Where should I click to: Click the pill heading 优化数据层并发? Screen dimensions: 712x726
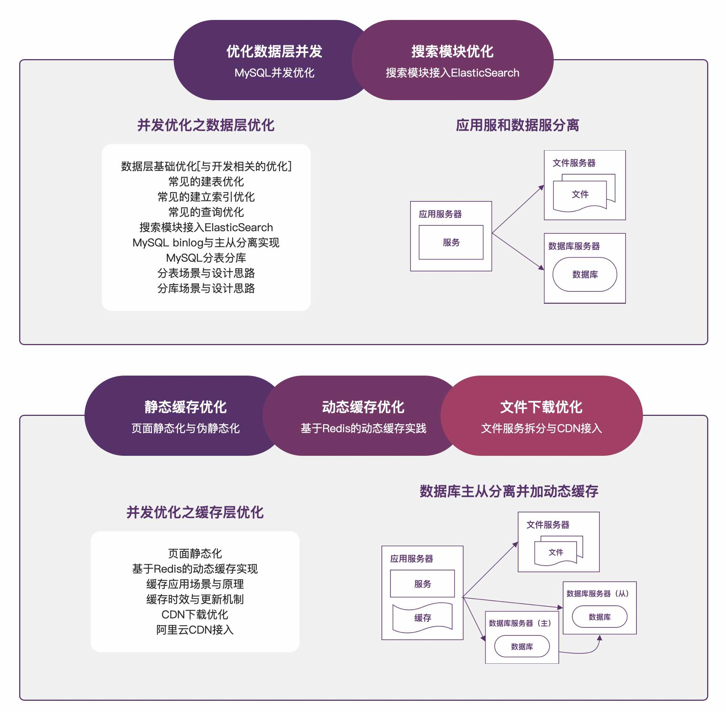click(x=274, y=51)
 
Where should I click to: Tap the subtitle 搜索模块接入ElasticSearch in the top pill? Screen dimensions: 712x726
click(x=452, y=73)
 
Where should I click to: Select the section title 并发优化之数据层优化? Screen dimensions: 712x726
click(x=206, y=125)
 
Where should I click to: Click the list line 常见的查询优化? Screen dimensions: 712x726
click(x=206, y=212)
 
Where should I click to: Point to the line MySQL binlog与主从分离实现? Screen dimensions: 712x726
click(x=206, y=243)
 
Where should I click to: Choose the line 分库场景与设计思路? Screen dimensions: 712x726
click(x=206, y=288)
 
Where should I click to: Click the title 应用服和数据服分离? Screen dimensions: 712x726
click(x=517, y=125)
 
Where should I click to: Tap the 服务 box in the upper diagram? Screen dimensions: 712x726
click(x=451, y=242)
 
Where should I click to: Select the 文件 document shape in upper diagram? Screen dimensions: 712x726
click(x=580, y=195)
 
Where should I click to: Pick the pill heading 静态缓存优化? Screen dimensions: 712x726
click(x=185, y=407)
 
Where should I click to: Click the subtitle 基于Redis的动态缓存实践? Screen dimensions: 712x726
click(x=363, y=428)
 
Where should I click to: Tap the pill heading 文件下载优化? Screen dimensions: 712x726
click(x=541, y=407)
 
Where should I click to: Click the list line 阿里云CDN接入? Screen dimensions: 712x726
click(x=195, y=630)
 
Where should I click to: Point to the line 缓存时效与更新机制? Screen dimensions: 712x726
click(x=195, y=599)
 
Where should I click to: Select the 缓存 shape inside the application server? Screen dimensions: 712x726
click(x=422, y=618)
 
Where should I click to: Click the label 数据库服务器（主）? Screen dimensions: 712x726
click(x=519, y=623)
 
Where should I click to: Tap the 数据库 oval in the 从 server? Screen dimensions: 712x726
click(x=599, y=617)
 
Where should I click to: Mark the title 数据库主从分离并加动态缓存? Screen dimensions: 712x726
click(x=509, y=491)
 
